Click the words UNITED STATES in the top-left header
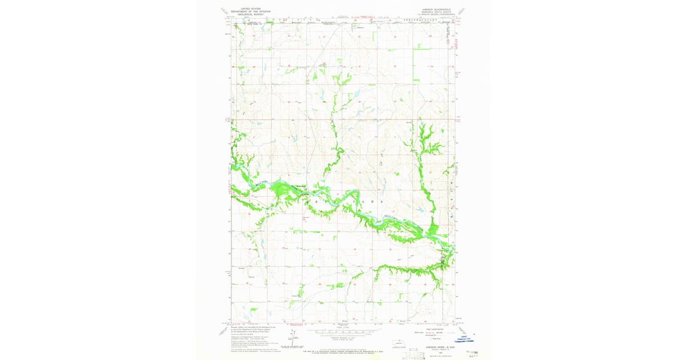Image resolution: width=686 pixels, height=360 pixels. click(x=250, y=9)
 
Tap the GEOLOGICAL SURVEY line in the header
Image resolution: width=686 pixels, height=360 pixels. click(x=250, y=15)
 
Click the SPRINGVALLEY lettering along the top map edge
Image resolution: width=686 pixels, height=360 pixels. click(x=420, y=19)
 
